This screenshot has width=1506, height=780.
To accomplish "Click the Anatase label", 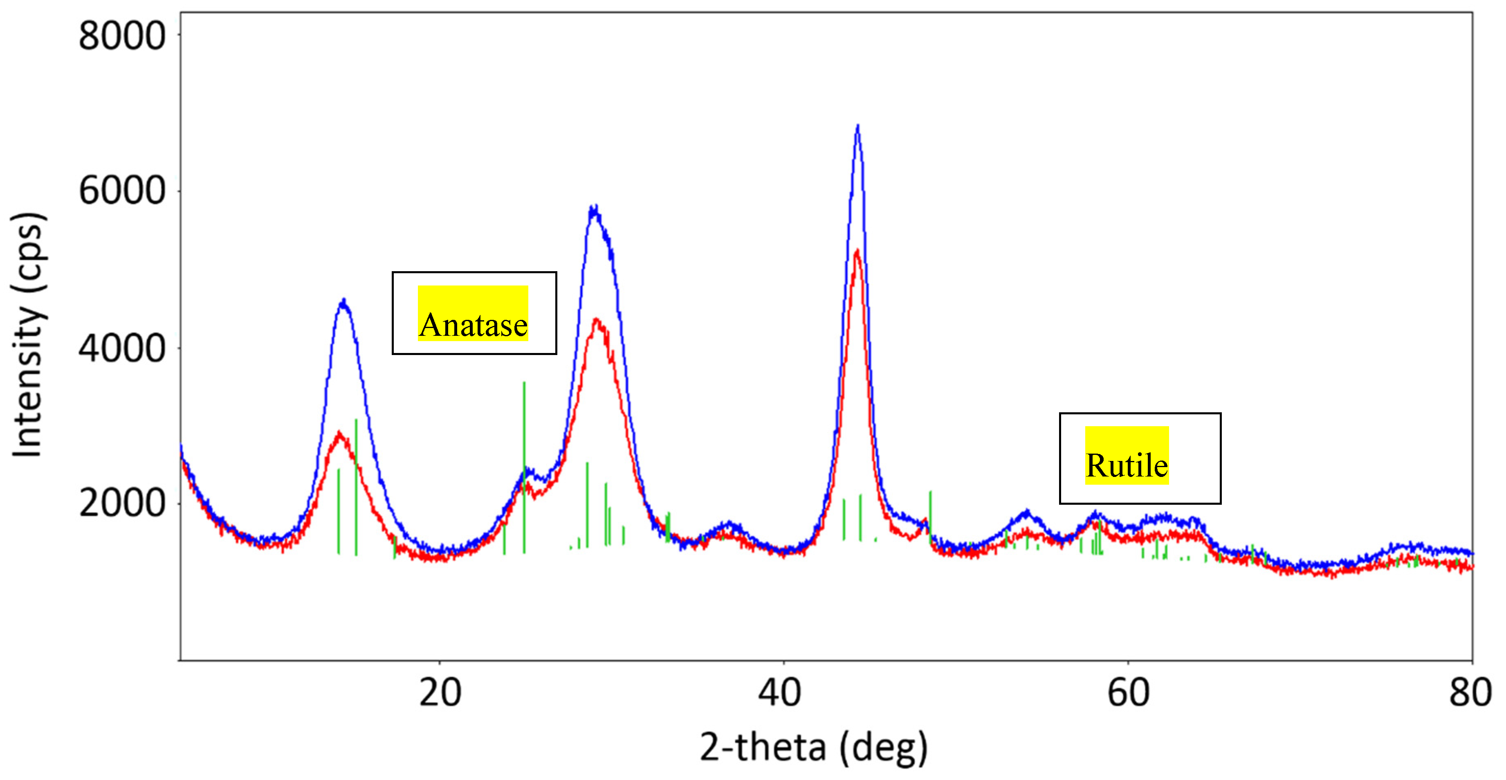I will [x=473, y=324].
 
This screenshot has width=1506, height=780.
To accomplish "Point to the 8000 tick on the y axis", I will [x=121, y=36].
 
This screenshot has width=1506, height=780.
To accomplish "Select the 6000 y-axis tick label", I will [x=121, y=191].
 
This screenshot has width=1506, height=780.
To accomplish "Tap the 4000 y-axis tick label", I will [x=121, y=348].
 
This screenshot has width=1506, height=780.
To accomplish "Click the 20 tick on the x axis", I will [x=440, y=693].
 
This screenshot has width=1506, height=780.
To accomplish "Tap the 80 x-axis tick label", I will [x=1470, y=693].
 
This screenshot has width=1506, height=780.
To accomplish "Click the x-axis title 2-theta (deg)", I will [x=813, y=747].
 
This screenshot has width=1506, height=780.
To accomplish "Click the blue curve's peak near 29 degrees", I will [x=595, y=207].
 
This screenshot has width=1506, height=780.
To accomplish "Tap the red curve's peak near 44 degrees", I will [x=857, y=252].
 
